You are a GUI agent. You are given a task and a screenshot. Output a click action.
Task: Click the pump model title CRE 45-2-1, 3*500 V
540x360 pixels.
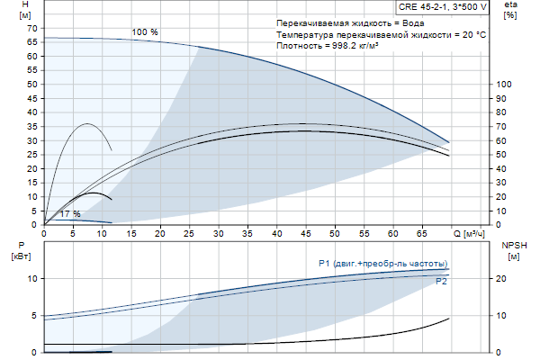tap(443, 6)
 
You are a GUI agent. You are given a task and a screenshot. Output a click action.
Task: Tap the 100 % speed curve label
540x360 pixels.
tap(145, 32)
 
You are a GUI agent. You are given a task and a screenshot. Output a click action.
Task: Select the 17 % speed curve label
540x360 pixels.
tap(69, 214)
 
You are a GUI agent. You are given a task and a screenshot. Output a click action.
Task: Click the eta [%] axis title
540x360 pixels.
tap(511, 11)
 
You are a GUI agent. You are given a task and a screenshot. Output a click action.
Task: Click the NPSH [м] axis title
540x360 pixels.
tap(512, 249)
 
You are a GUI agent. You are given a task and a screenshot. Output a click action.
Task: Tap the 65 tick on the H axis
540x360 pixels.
tap(31, 42)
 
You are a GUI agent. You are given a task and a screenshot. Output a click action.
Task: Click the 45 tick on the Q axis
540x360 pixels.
tap(306, 233)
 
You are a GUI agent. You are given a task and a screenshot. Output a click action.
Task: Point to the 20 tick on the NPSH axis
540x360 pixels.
tap(505, 279)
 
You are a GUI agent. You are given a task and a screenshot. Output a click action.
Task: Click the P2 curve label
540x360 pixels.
tap(442, 282)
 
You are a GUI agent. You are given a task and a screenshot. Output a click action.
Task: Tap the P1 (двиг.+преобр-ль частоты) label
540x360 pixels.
tap(382, 263)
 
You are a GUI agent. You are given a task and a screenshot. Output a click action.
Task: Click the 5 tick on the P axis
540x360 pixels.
tap(33, 316)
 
